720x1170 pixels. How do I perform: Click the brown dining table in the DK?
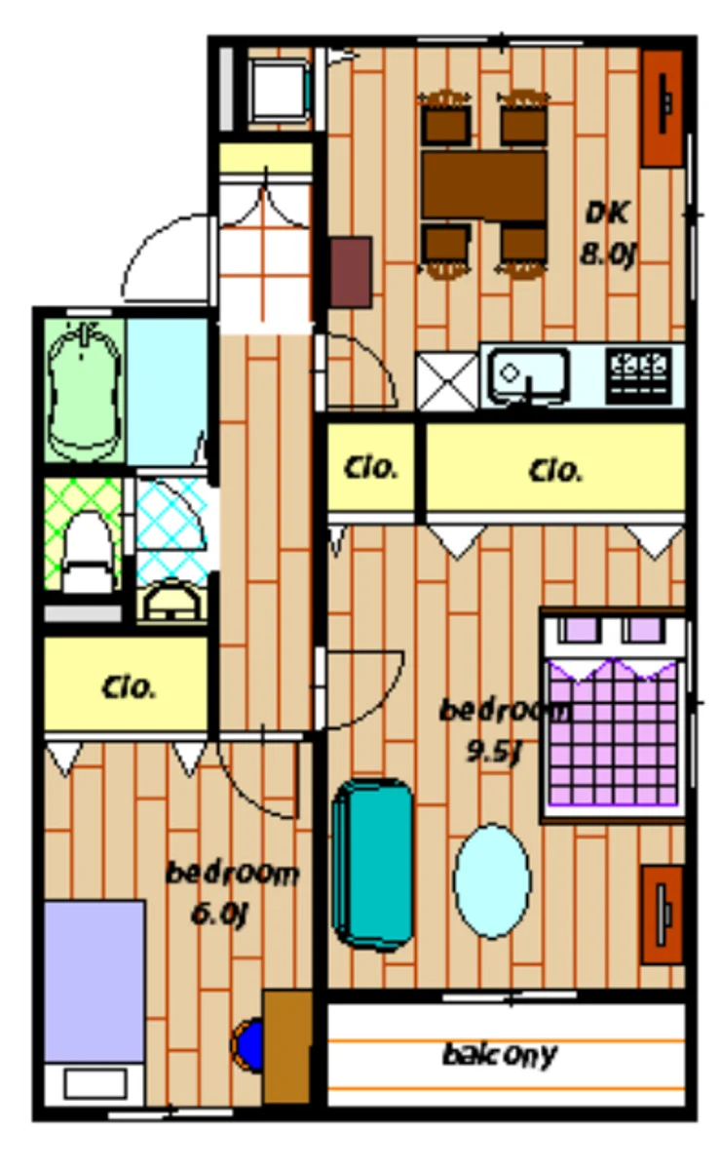pyautogui.click(x=483, y=184)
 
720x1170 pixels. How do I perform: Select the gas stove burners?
pyautogui.click(x=639, y=369)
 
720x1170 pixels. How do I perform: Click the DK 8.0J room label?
pyautogui.click(x=608, y=233)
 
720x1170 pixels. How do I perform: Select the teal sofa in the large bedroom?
pyautogui.click(x=372, y=863)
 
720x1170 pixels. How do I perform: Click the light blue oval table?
pyautogui.click(x=493, y=880)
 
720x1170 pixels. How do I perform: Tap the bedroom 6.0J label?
pyautogui.click(x=231, y=891)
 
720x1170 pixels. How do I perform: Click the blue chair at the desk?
pyautogui.click(x=249, y=1044)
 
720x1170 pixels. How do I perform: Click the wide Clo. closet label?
pyautogui.click(x=556, y=471)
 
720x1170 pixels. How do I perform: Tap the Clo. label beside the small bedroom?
pyautogui.click(x=128, y=687)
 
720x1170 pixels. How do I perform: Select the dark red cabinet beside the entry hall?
pyautogui.click(x=351, y=272)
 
